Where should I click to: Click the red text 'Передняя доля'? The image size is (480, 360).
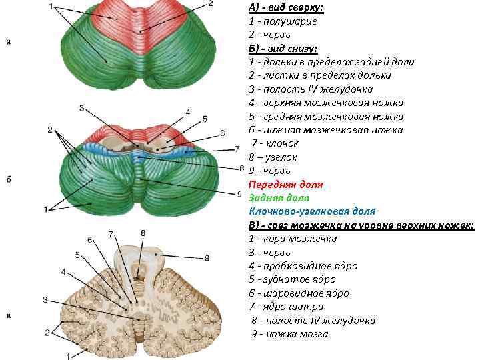[285, 184]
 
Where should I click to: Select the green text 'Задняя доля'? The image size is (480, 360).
[279, 198]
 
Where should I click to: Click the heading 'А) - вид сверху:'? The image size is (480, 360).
[286, 7]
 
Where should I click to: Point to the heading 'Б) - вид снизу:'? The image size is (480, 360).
[283, 48]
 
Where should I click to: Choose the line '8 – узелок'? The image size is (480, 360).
[273, 157]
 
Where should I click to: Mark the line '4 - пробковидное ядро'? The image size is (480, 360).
[303, 266]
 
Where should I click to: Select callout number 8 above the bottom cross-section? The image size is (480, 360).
[143, 232]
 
